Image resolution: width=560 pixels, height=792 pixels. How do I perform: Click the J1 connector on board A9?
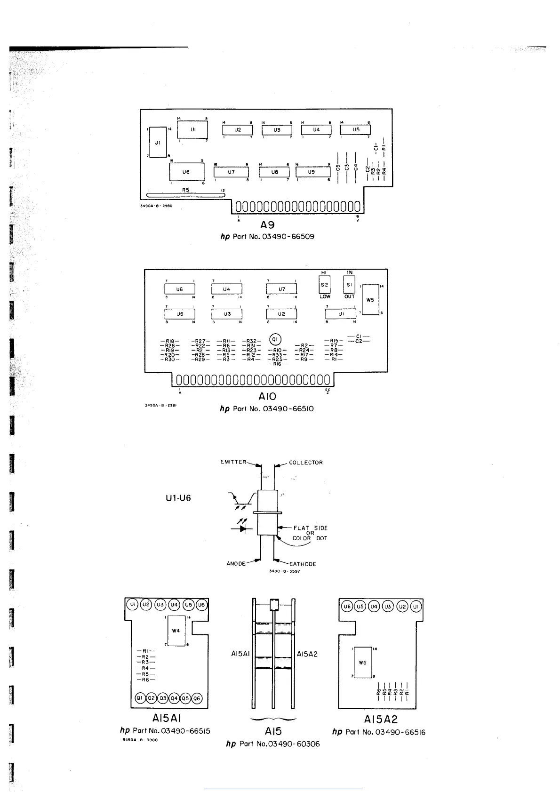(x=158, y=142)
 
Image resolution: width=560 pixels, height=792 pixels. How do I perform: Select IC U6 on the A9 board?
(x=186, y=172)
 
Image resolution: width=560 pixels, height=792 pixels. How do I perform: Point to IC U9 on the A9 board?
(x=311, y=172)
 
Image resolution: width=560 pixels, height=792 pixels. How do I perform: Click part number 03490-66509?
(x=288, y=236)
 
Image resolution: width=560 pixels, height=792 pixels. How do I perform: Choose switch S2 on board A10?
(x=324, y=285)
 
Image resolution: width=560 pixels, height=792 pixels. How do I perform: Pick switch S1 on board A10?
(x=349, y=285)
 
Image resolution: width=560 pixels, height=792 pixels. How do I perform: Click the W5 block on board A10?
(x=371, y=300)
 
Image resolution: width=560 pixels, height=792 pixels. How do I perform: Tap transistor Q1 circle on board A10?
(x=275, y=339)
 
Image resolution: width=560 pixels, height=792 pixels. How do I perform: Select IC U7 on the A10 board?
(x=281, y=289)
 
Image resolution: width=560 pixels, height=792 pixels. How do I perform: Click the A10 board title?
(x=267, y=397)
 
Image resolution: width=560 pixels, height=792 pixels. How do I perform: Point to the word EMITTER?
(x=233, y=462)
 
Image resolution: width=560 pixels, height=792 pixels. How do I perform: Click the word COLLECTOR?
(x=306, y=463)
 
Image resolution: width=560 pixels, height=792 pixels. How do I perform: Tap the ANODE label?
(x=236, y=564)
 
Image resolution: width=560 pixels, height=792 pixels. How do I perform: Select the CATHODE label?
(x=303, y=564)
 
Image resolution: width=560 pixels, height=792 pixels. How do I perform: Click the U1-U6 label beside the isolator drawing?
(x=178, y=498)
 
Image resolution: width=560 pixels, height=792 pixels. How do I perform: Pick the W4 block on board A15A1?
(x=176, y=631)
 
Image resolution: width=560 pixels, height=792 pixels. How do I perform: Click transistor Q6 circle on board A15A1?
(x=197, y=698)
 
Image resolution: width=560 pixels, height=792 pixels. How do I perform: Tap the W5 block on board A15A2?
(x=362, y=663)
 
